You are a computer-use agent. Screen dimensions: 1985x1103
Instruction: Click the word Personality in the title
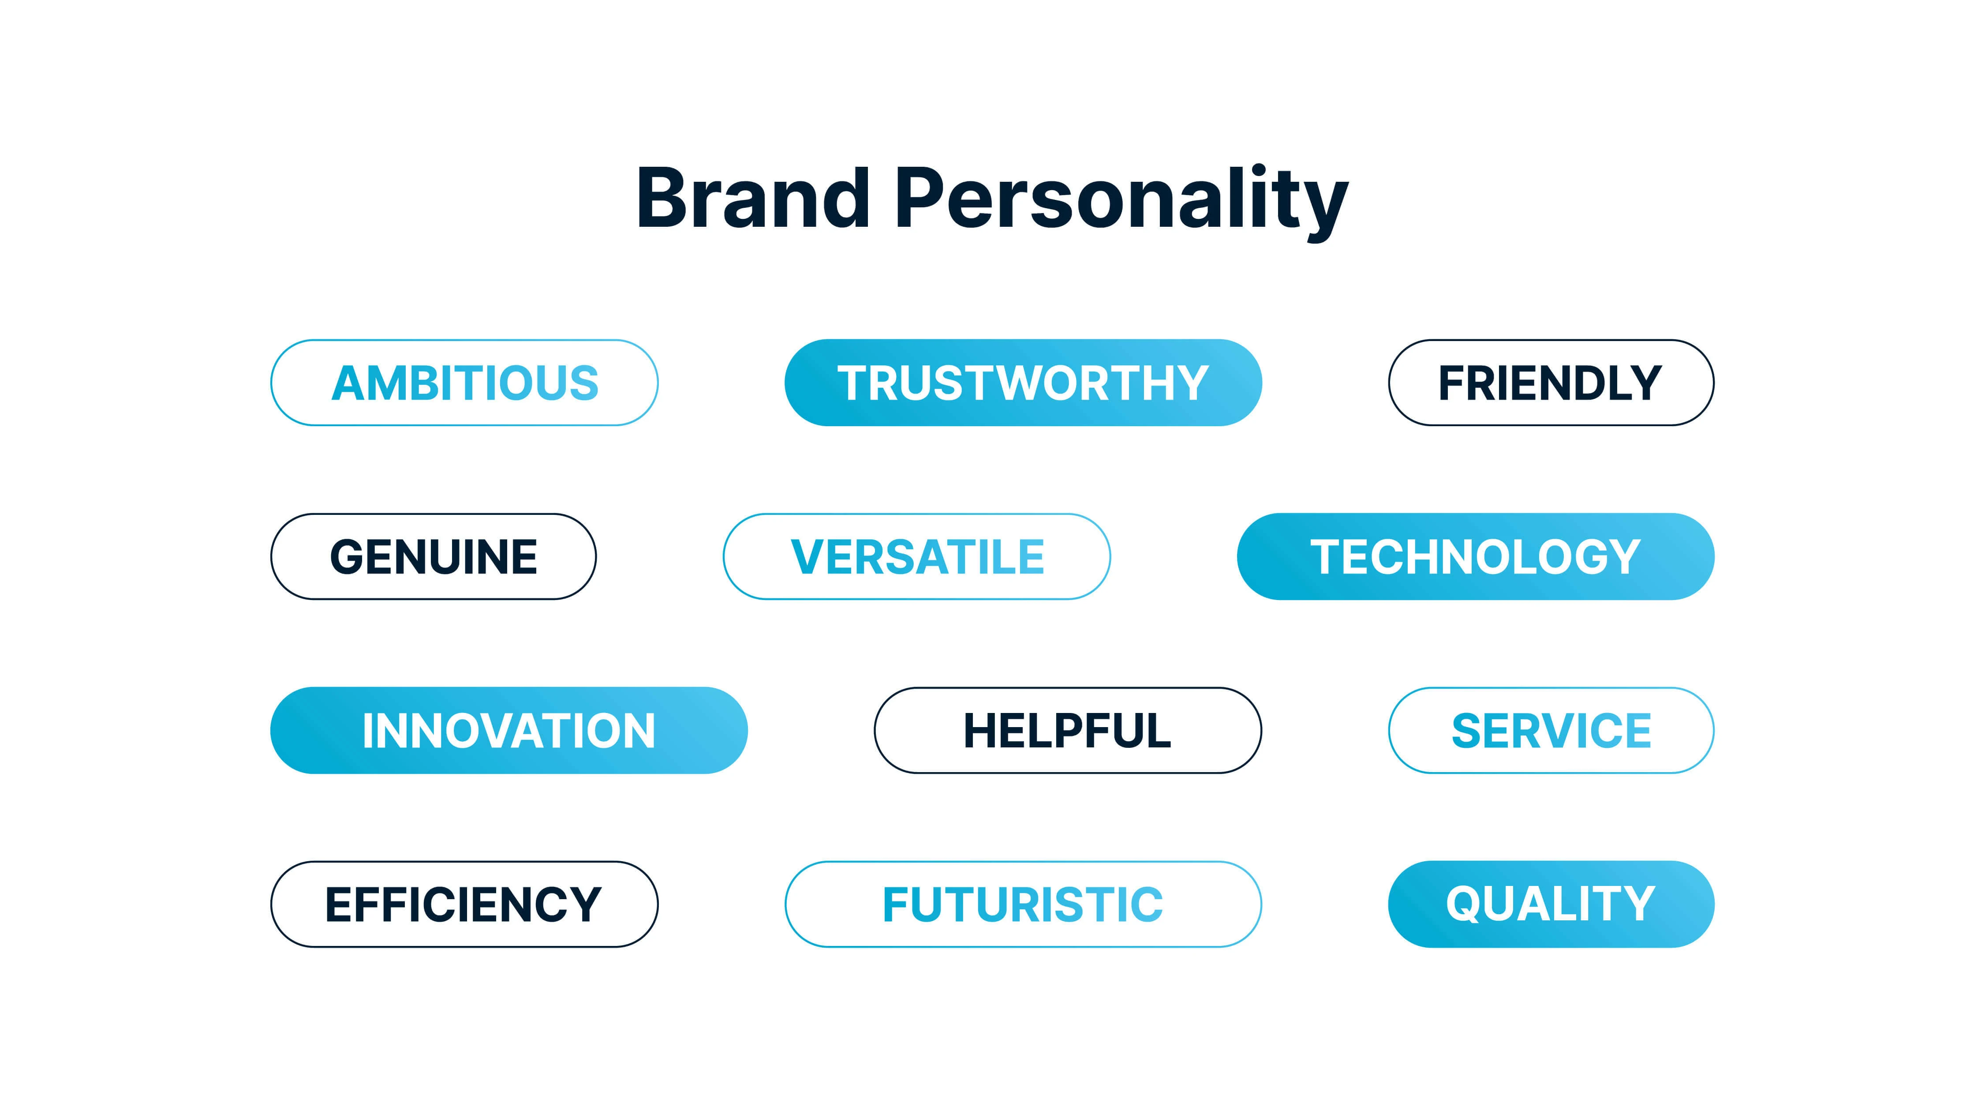pyautogui.click(x=1121, y=203)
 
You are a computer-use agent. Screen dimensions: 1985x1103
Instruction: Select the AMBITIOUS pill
pyautogui.click(x=465, y=383)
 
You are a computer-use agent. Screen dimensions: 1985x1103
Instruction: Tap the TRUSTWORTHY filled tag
pyautogui.click(x=1023, y=383)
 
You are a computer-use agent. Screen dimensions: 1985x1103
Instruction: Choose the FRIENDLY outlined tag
pyautogui.click(x=1551, y=383)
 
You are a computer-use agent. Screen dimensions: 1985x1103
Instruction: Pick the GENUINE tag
pyautogui.click(x=433, y=556)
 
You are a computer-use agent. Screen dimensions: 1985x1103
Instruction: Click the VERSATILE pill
pyautogui.click(x=917, y=556)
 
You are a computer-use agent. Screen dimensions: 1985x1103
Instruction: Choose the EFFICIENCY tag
pyautogui.click(x=465, y=904)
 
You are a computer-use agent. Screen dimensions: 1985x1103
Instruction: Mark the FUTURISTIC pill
pyautogui.click(x=1023, y=904)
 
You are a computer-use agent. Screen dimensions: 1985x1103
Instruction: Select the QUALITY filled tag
pyautogui.click(x=1551, y=904)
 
